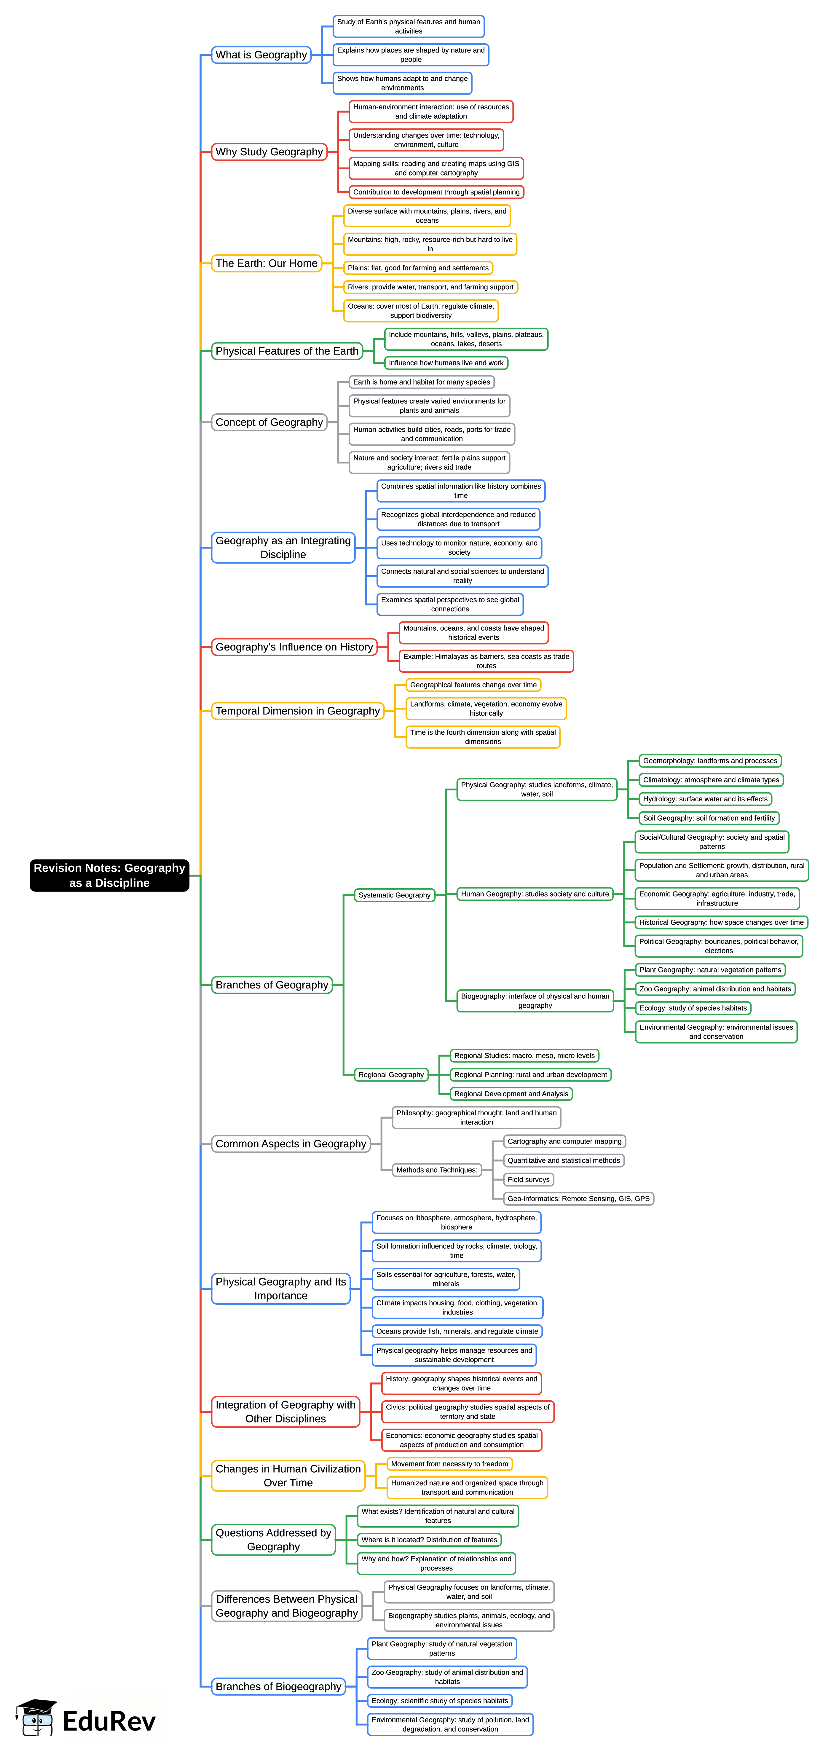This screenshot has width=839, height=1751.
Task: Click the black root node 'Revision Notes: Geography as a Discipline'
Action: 109,875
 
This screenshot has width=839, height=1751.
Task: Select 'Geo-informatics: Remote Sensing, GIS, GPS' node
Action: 578,1198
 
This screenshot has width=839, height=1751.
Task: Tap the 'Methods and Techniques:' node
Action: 436,1170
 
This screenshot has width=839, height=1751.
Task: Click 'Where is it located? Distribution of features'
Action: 429,1540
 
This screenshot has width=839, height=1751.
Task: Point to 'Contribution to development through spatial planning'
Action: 436,192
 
